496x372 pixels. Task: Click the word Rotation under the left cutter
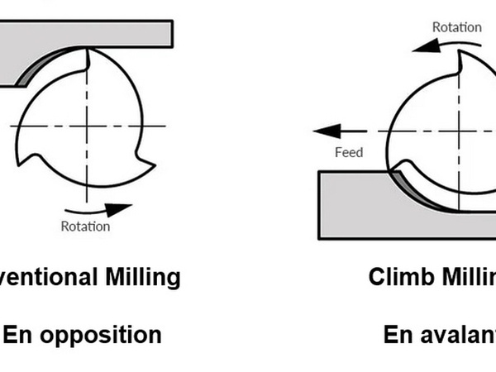click(x=85, y=225)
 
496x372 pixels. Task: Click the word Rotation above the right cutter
click(x=456, y=26)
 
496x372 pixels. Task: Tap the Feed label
click(x=349, y=152)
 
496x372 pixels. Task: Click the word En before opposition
click(x=21, y=335)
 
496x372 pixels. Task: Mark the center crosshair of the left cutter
click(x=87, y=126)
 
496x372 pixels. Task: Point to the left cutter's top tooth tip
click(x=88, y=51)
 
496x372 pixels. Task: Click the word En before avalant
click(x=400, y=335)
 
